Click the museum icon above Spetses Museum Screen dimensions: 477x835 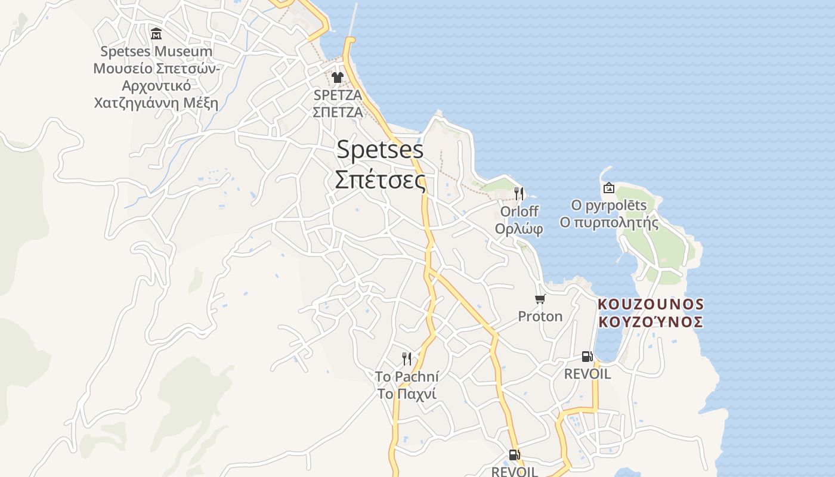point(156,33)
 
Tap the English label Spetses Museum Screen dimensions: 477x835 point(156,51)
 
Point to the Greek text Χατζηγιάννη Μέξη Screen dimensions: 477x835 point(156,103)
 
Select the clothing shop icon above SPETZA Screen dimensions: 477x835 point(338,78)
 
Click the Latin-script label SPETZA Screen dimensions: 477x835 point(338,95)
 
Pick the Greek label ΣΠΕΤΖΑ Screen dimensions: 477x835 point(338,111)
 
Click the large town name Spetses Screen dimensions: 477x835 point(380,150)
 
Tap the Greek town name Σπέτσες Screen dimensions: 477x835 point(380,179)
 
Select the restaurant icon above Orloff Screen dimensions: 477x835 point(519,193)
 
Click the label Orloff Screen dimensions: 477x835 point(519,212)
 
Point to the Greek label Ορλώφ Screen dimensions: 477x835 point(519,228)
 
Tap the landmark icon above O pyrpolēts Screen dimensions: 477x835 point(608,188)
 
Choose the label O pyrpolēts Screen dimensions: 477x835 point(608,206)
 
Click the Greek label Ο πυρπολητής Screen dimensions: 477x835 point(608,223)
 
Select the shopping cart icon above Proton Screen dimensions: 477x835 point(540,299)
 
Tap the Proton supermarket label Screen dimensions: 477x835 point(540,316)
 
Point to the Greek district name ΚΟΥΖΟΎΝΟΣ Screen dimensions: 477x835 point(651,322)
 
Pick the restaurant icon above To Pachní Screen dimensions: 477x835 point(407,358)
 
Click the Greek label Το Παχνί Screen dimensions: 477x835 point(407,394)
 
